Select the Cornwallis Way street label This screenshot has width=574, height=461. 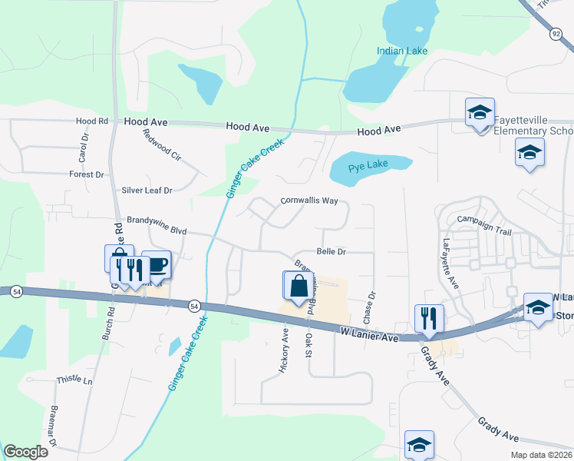click(x=309, y=201)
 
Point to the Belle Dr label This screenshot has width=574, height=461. click(x=332, y=251)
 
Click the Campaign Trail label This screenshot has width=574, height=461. click(x=483, y=219)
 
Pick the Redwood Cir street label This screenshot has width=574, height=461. click(x=162, y=144)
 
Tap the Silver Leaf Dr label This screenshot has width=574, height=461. click(x=147, y=190)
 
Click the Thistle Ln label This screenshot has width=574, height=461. click(x=74, y=380)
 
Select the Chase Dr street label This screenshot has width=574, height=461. click(x=371, y=306)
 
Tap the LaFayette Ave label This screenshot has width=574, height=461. click(x=450, y=264)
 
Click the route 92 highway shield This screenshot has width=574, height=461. click(x=556, y=33)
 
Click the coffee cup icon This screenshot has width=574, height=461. click(x=157, y=265)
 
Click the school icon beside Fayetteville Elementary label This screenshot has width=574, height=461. click(x=480, y=114)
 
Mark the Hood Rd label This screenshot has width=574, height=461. click(x=92, y=121)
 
